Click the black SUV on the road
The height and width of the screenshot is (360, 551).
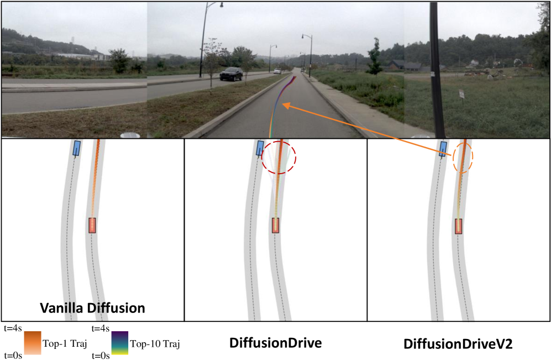click(x=231, y=74)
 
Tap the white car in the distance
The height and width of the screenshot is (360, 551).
click(x=277, y=71)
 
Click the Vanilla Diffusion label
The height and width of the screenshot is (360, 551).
click(x=92, y=308)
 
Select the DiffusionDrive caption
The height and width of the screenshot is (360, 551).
click(x=275, y=343)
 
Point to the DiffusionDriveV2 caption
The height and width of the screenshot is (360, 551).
click(x=458, y=343)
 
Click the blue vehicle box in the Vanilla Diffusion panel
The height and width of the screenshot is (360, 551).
click(x=77, y=148)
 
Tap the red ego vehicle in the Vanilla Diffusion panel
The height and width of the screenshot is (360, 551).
click(x=92, y=226)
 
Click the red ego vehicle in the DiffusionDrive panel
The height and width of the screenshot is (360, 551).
click(x=275, y=226)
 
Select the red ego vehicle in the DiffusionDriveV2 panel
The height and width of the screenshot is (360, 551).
click(x=458, y=226)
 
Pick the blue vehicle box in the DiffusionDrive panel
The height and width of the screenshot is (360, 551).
click(x=260, y=148)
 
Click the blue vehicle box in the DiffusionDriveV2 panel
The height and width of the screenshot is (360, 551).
click(x=443, y=149)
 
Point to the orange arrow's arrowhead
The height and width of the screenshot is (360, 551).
click(x=285, y=105)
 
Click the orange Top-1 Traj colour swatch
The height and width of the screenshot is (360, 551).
click(x=33, y=343)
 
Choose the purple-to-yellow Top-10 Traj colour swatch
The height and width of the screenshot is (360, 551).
click(x=120, y=343)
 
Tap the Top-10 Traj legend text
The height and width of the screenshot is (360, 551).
click(x=155, y=343)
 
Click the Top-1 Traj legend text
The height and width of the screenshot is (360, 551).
click(x=65, y=343)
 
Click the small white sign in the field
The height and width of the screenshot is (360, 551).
click(x=461, y=94)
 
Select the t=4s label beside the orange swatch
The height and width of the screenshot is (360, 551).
click(x=13, y=328)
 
